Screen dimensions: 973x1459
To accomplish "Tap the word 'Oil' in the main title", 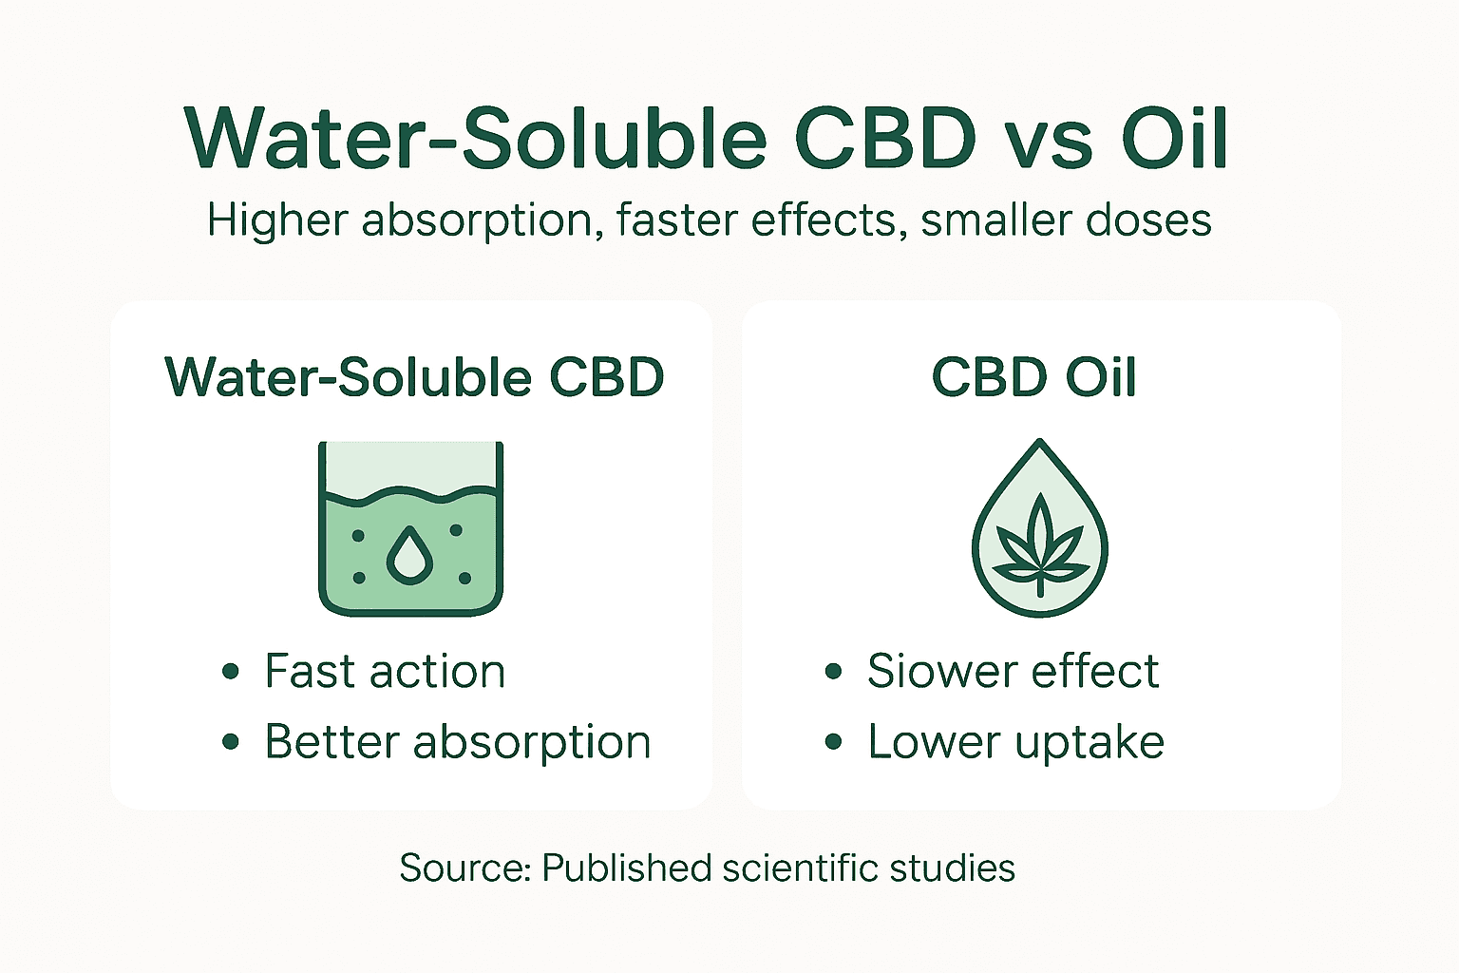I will click(1175, 139).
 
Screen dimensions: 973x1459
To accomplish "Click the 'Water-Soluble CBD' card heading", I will click(414, 377).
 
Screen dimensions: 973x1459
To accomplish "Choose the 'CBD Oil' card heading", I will click(1033, 377).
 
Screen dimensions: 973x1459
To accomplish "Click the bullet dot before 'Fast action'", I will click(230, 672).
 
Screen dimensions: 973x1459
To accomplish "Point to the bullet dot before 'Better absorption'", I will click(230, 742).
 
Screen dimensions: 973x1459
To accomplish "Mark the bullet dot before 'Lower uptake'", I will click(833, 742).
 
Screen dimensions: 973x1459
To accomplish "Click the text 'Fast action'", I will click(385, 672).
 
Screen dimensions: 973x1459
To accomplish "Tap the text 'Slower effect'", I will click(1013, 672).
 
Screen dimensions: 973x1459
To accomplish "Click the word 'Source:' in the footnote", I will click(464, 868).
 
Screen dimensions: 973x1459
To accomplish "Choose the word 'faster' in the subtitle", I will click(676, 220).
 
